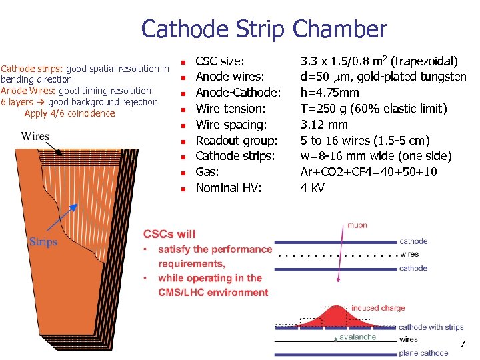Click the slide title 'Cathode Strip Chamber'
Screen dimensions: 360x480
(x=263, y=29)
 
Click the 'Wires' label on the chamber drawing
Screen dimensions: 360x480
(x=35, y=137)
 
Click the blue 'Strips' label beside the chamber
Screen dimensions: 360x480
(x=43, y=241)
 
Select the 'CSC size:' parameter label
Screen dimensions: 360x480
(x=219, y=61)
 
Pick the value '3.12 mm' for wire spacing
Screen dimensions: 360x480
(x=324, y=125)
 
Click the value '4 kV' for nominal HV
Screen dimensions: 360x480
(x=313, y=188)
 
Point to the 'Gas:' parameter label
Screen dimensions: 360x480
(x=207, y=172)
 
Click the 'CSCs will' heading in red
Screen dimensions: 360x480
(x=169, y=234)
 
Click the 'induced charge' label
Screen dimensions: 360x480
(x=378, y=308)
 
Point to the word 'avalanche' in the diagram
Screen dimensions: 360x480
(x=357, y=337)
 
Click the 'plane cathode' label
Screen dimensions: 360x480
(x=423, y=353)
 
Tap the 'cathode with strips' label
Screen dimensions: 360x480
(x=431, y=327)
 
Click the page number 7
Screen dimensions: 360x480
(x=462, y=344)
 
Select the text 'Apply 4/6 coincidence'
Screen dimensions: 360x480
(x=69, y=113)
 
